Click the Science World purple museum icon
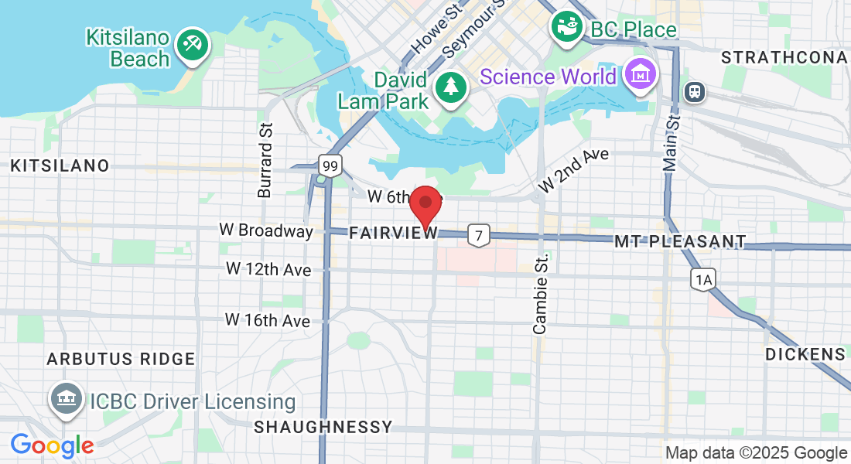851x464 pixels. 641,75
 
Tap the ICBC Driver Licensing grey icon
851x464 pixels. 67,399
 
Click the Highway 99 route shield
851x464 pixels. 330,165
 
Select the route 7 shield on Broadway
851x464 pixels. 480,235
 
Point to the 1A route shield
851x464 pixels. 702,280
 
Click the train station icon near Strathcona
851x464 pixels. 695,91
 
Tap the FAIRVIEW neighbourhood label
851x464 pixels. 393,233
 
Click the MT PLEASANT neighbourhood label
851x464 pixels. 680,242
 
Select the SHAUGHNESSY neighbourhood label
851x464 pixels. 323,427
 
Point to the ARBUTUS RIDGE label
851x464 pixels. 121,359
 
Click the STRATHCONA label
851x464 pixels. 784,57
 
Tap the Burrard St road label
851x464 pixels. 265,159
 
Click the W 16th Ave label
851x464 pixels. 268,319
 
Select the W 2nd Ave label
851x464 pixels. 573,169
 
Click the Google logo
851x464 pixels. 52,445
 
